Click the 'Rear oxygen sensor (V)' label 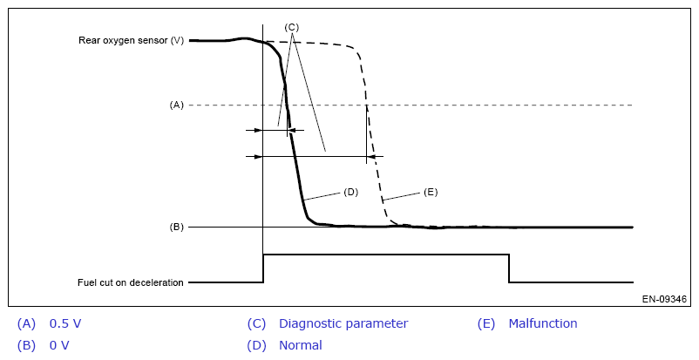pyautogui.click(x=130, y=40)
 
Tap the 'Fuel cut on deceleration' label pyautogui.click(x=130, y=282)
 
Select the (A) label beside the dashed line pyautogui.click(x=177, y=105)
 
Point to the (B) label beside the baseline pyautogui.click(x=177, y=227)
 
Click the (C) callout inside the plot pyautogui.click(x=292, y=27)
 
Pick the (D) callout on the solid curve pyautogui.click(x=351, y=191)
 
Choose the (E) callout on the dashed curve pyautogui.click(x=430, y=191)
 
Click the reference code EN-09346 pyautogui.click(x=664, y=299)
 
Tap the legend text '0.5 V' pyautogui.click(x=65, y=323)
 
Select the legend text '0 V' pyautogui.click(x=60, y=345)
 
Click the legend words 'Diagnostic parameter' pyautogui.click(x=343, y=323)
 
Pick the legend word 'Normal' pyautogui.click(x=301, y=345)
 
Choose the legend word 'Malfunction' pyautogui.click(x=543, y=323)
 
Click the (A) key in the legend pyautogui.click(x=27, y=323)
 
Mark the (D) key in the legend pyautogui.click(x=256, y=345)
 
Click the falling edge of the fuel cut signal pyautogui.click(x=509, y=268)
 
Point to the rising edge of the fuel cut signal pyautogui.click(x=263, y=268)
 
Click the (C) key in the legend pyautogui.click(x=256, y=323)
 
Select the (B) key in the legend pyautogui.click(x=27, y=345)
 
